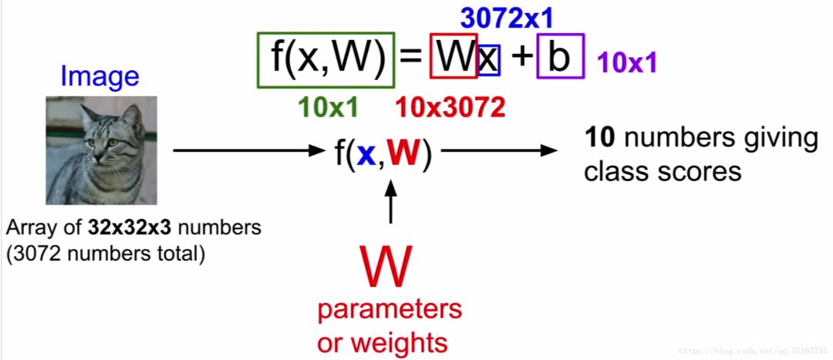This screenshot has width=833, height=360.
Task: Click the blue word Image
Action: pos(99,76)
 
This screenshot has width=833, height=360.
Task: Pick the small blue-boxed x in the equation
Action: pos(489,60)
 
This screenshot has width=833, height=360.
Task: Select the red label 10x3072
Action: pos(450,108)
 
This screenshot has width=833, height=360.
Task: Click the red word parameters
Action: pos(390,310)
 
